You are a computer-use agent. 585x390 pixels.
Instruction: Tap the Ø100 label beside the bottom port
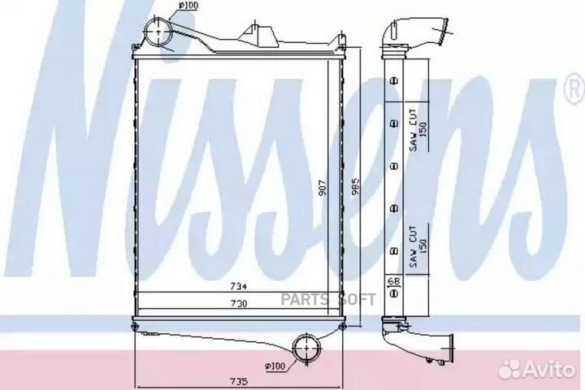tap(274, 366)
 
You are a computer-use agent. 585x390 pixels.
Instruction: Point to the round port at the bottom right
tap(307, 348)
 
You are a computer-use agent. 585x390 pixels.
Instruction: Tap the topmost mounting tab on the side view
tap(394, 80)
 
